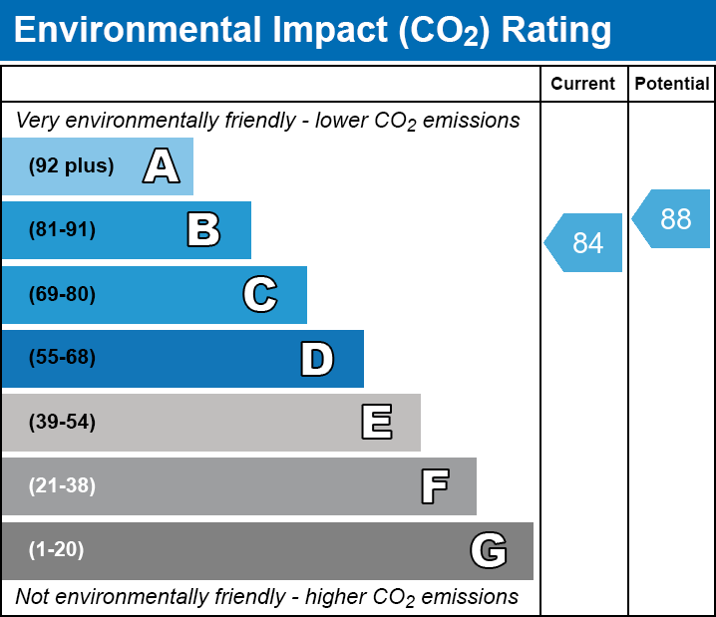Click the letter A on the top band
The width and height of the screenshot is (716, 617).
point(162,165)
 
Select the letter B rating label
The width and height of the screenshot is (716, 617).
point(203,230)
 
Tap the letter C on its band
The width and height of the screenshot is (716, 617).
point(259,294)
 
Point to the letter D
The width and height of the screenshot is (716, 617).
point(317,359)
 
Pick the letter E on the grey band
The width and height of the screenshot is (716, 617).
point(376,423)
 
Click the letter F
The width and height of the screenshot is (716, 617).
point(434,486)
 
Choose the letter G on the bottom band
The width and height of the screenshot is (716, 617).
point(489,550)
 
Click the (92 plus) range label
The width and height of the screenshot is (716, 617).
point(71,165)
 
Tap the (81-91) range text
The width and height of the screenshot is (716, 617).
point(62,230)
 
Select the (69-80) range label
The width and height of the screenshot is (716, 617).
point(62,294)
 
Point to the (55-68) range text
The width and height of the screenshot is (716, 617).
point(62,358)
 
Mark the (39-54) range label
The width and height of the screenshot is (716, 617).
point(62,423)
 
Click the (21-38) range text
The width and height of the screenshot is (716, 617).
point(62,486)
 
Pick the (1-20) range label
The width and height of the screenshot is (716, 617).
point(57,550)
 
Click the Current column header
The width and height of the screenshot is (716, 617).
point(583,85)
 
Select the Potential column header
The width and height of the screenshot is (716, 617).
point(672,85)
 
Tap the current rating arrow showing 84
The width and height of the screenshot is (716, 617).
point(585,242)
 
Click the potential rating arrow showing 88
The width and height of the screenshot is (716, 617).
point(673,218)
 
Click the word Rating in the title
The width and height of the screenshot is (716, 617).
point(556,30)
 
